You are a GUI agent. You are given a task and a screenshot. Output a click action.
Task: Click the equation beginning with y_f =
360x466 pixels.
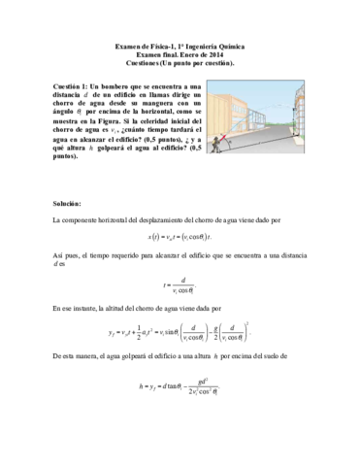(x=180, y=335)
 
